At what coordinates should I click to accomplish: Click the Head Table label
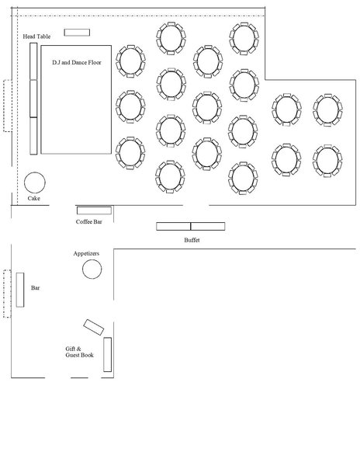pyautogui.click(x=36, y=37)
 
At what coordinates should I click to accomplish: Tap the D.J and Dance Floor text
pyautogui.click(x=77, y=62)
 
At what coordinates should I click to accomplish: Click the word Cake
pyautogui.click(x=34, y=198)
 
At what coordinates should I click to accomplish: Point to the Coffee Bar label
pyautogui.click(x=88, y=221)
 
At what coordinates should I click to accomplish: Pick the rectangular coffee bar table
pyautogui.click(x=94, y=210)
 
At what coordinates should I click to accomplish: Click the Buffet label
pyautogui.click(x=192, y=240)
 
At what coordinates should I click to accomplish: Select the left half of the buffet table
pyautogui.click(x=173, y=226)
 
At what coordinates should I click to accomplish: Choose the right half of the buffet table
pyautogui.click(x=208, y=226)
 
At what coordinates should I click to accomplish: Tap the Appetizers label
pyautogui.click(x=86, y=253)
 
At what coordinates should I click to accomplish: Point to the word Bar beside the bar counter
pyautogui.click(x=36, y=287)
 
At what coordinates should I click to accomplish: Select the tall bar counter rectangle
pyautogui.click(x=20, y=290)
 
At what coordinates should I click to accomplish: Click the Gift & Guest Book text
pyautogui.click(x=80, y=352)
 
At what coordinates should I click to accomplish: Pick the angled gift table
pyautogui.click(x=93, y=327)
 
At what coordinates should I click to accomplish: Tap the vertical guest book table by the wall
pyautogui.click(x=107, y=355)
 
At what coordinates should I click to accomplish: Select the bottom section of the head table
pyautogui.click(x=33, y=136)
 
